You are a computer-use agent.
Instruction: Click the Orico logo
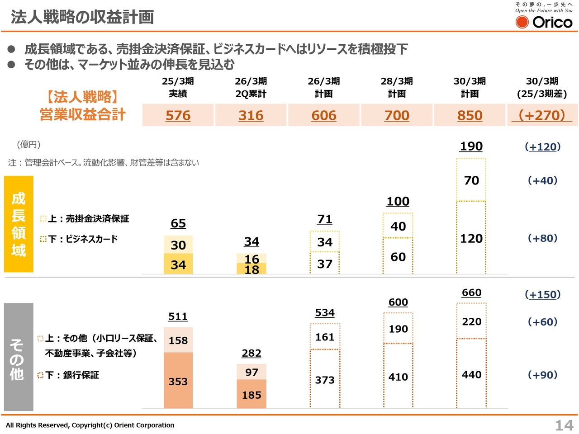click(544, 21)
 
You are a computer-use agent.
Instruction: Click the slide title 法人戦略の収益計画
click(82, 17)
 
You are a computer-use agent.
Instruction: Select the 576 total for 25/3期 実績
click(178, 115)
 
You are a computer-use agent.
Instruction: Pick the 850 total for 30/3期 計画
click(470, 115)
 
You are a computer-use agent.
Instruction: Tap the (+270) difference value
click(542, 115)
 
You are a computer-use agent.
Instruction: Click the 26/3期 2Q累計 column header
click(251, 87)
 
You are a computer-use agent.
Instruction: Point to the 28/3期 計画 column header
click(397, 87)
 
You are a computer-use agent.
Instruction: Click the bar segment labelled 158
click(178, 340)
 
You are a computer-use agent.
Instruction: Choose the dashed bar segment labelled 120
click(471, 238)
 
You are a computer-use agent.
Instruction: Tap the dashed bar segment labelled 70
click(471, 180)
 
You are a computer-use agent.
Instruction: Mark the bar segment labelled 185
click(252, 394)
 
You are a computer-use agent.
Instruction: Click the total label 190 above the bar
click(471, 146)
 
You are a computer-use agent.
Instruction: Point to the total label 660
click(471, 293)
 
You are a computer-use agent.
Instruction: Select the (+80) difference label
click(542, 238)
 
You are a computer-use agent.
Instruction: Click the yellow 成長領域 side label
click(19, 224)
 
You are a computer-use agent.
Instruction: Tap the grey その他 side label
click(19, 357)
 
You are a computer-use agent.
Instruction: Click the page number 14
click(564, 425)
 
